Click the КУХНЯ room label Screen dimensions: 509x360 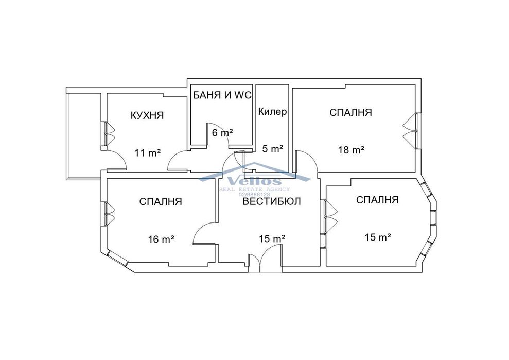tap(147, 115)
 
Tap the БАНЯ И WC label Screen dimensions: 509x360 tap(222, 95)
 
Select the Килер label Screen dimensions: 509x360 tap(273, 112)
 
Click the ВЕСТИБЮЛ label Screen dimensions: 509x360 tap(272, 201)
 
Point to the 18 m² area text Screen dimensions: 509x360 tap(351, 150)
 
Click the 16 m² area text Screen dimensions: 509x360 tap(161, 239)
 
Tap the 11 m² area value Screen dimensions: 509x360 tap(148, 153)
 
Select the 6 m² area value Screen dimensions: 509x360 tap(222, 132)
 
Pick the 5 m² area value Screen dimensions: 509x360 tap(273, 149)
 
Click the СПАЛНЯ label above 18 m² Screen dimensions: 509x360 tap(350, 112)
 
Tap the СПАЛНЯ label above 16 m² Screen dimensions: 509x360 tap(161, 201)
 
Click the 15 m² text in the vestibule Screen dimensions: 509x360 tap(272, 239)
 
